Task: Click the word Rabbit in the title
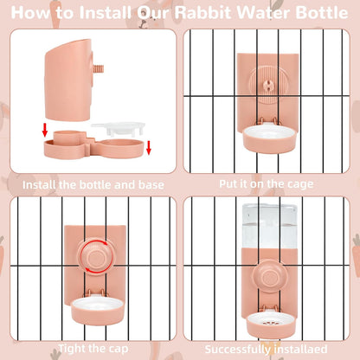[x=203, y=13]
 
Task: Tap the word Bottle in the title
[x=322, y=13]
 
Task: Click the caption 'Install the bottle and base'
[x=93, y=185]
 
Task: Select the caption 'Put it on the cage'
[x=267, y=184]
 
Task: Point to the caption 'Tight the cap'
[x=93, y=349]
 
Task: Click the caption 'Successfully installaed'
[x=266, y=350]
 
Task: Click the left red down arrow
[x=45, y=131]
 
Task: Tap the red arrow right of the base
[x=149, y=147]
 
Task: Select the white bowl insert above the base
[x=119, y=129]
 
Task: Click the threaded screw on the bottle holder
[x=99, y=70]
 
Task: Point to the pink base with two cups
[x=93, y=145]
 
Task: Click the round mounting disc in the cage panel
[x=268, y=86]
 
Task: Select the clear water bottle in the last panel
[x=269, y=227]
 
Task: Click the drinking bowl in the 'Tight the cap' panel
[x=97, y=311]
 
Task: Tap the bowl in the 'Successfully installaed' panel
[x=271, y=325]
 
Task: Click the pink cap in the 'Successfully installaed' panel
[x=270, y=276]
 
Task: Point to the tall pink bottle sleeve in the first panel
[x=70, y=80]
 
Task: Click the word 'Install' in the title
[x=105, y=13]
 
